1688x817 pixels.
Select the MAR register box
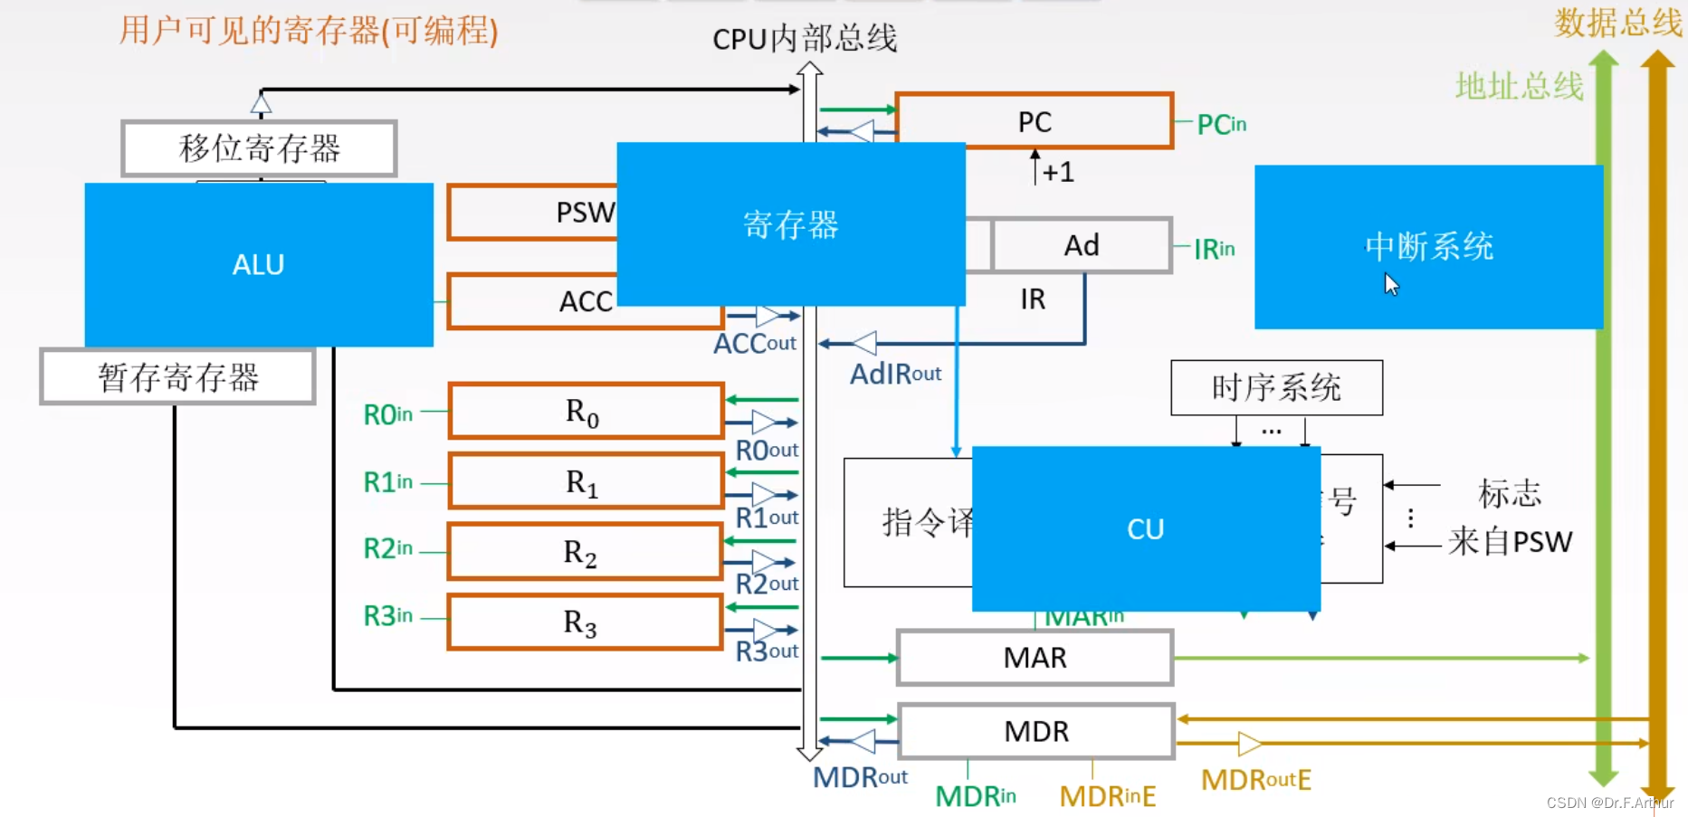click(x=1035, y=658)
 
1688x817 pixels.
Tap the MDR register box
click(x=1036, y=731)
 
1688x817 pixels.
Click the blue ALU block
click(x=259, y=264)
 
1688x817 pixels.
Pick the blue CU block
click(x=1145, y=528)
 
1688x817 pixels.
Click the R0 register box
click(x=585, y=412)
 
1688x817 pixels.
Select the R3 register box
click(x=585, y=622)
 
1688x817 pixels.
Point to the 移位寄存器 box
click(x=260, y=148)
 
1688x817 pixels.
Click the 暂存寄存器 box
click(x=178, y=376)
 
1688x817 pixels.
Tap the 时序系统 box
click(x=1276, y=388)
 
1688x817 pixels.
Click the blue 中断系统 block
click(x=1428, y=246)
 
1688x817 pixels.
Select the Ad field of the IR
click(x=1082, y=245)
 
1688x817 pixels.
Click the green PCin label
click(x=1221, y=124)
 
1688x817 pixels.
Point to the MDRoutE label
click(x=1255, y=780)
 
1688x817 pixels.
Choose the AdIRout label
click(x=895, y=374)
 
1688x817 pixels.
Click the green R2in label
click(x=387, y=548)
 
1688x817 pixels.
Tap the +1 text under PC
click(x=1057, y=172)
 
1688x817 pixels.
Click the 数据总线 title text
click(x=1616, y=23)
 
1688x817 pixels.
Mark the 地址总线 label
click(x=1519, y=87)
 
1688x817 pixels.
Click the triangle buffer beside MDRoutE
click(x=1249, y=744)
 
